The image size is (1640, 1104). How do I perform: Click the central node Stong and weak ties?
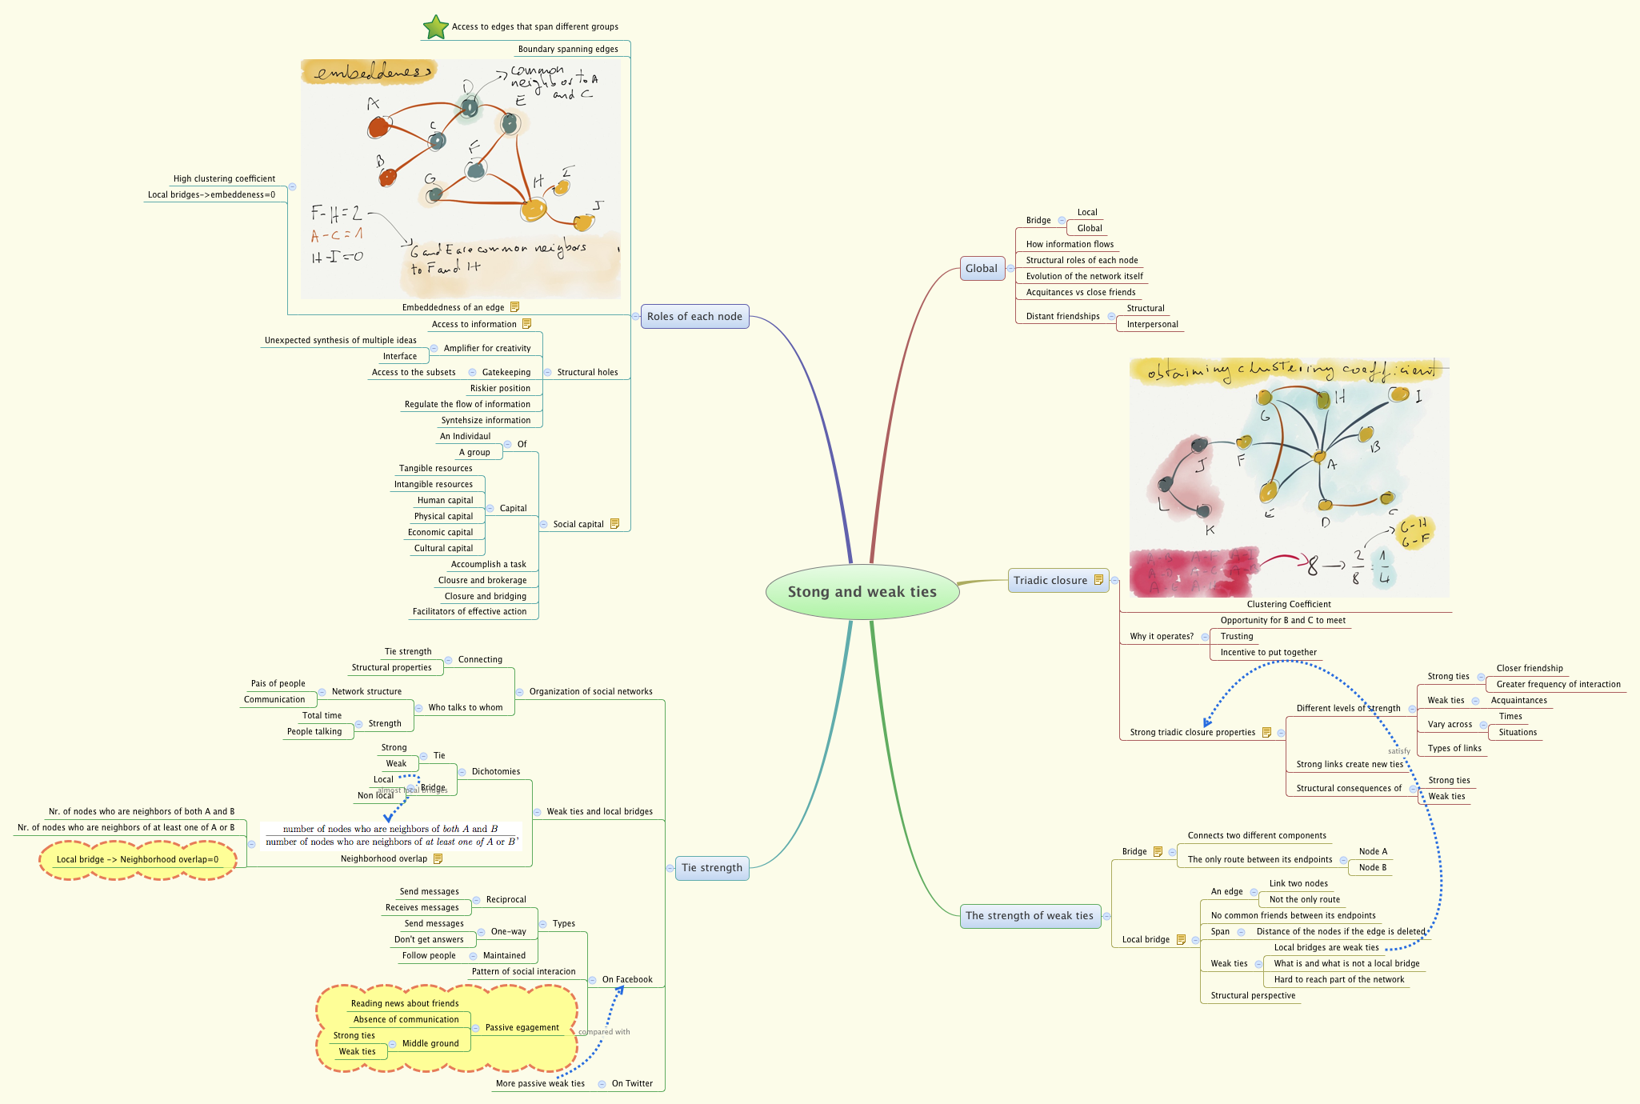coord(862,592)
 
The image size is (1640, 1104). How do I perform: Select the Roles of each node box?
coord(694,317)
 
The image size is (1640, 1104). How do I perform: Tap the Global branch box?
coord(981,269)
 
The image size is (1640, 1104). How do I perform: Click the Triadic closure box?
coord(1050,581)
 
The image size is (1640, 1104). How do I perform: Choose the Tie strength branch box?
coord(711,868)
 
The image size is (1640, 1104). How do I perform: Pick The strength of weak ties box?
coord(1029,916)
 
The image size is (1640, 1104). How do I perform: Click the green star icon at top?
coord(435,27)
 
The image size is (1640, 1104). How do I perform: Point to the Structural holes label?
coord(587,373)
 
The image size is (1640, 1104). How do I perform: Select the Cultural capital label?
coord(443,549)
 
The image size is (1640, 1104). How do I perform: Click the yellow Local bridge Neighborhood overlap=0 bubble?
coord(138,860)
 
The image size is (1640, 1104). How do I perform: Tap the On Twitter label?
coord(632,1084)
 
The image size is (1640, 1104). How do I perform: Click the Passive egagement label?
coord(522,1028)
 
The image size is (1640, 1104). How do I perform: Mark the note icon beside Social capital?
coord(614,524)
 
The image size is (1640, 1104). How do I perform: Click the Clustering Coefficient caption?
coord(1288,605)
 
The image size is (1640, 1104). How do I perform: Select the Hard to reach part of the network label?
coord(1338,980)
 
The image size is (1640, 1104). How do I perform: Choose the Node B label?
coord(1372,868)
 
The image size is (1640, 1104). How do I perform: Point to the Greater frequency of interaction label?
coord(1558,685)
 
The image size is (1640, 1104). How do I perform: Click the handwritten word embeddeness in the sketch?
coord(368,74)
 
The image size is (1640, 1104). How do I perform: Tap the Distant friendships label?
coord(1062,317)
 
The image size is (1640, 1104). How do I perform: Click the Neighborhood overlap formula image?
coord(391,835)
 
